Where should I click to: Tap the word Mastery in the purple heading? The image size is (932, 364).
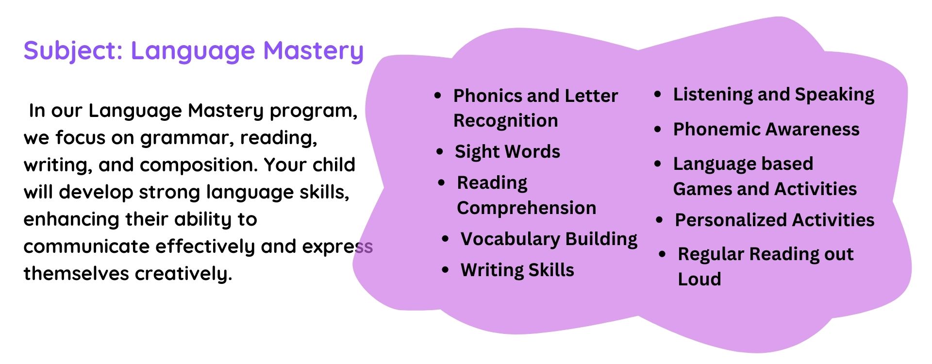click(x=313, y=51)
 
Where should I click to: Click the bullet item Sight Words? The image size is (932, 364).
click(x=507, y=152)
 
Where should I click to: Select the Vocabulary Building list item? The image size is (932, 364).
click(x=549, y=239)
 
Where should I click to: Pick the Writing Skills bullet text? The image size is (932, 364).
click(x=517, y=270)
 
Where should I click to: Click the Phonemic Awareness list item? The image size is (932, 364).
click(x=766, y=129)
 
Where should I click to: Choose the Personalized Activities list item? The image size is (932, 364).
click(x=775, y=220)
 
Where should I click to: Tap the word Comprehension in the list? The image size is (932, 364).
click(x=527, y=208)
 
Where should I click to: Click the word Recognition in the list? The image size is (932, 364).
click(x=506, y=121)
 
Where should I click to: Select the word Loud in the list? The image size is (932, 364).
click(x=699, y=279)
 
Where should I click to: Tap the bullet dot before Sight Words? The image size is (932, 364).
click(x=440, y=152)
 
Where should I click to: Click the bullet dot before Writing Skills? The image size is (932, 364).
click(x=446, y=270)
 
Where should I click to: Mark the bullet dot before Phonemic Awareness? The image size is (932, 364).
click(x=658, y=130)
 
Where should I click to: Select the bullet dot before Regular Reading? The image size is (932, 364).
click(x=663, y=254)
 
